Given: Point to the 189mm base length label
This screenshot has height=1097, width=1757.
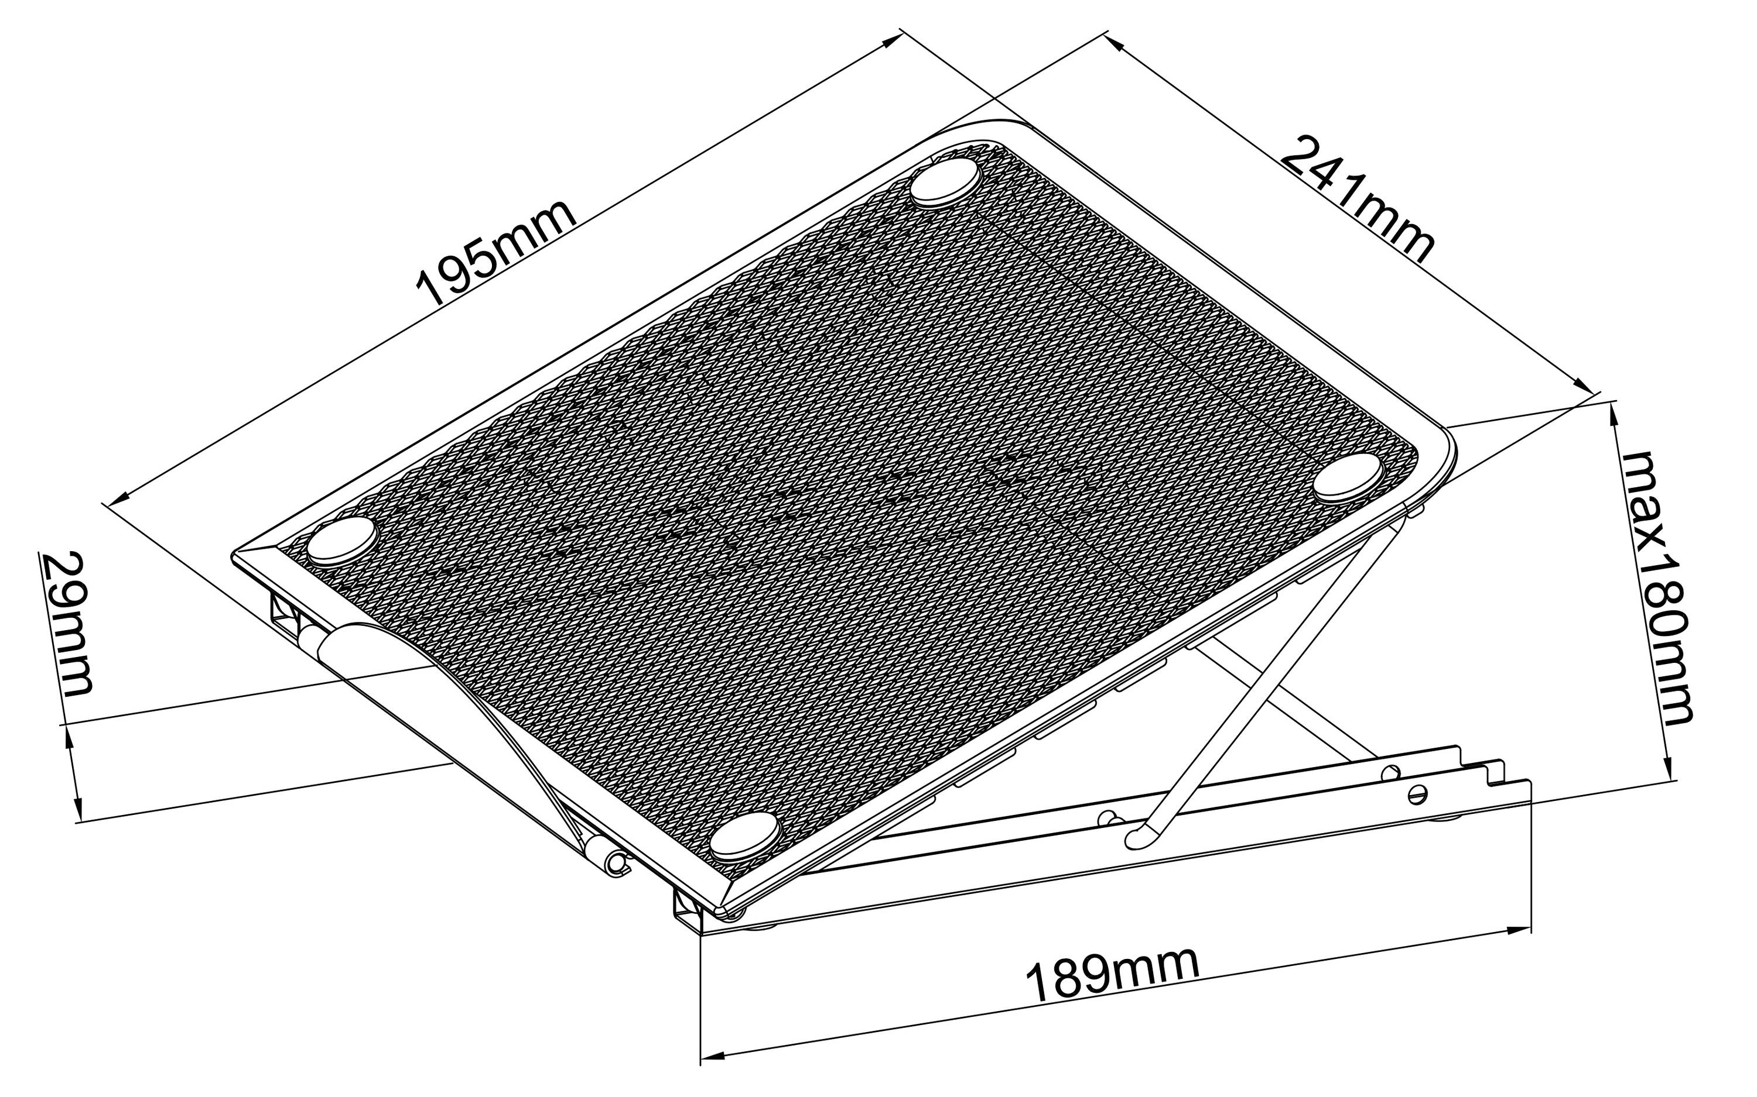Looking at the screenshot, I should pos(1112,976).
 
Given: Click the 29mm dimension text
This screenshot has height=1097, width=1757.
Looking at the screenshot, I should pos(67,624).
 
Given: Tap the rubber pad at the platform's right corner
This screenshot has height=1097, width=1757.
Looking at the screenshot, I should pos(1348,477).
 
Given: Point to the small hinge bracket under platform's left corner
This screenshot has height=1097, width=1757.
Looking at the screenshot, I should pos(285,613).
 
